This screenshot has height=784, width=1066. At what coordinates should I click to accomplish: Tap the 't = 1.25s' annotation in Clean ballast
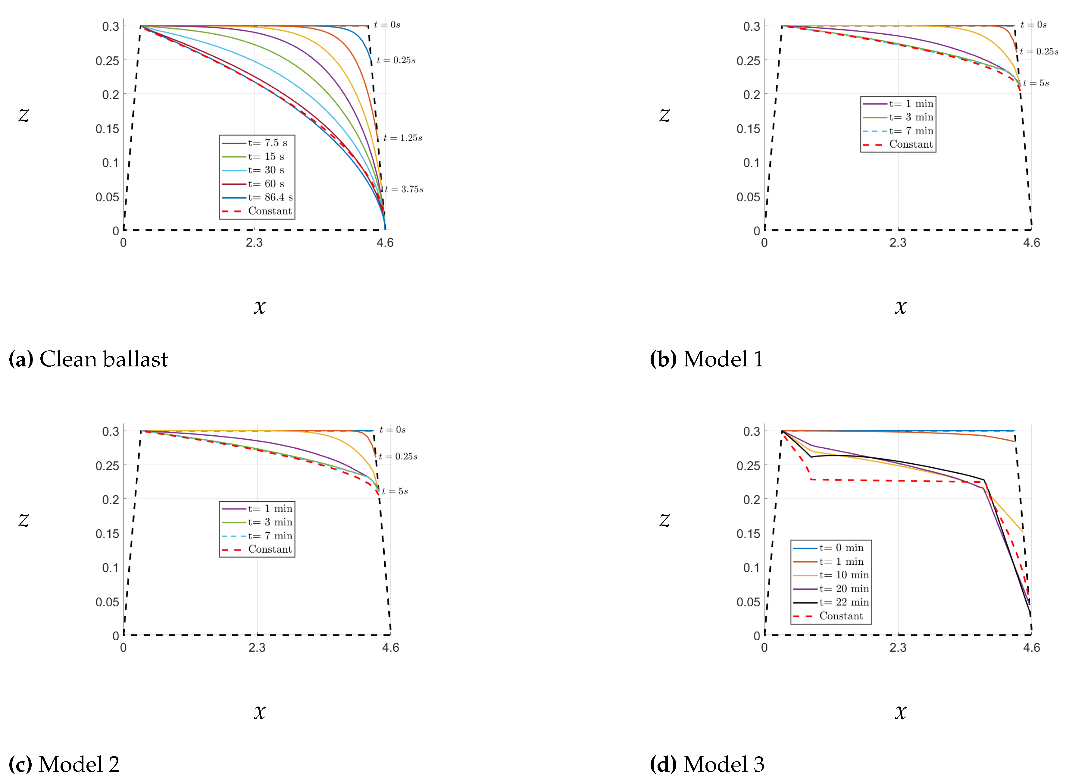[402, 138]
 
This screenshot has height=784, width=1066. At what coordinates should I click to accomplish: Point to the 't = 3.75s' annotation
[404, 189]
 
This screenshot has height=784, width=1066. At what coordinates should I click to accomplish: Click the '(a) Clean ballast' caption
[88, 359]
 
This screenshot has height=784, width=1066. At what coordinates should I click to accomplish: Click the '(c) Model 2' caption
[64, 764]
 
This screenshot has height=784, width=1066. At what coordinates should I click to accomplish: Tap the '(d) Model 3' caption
[707, 764]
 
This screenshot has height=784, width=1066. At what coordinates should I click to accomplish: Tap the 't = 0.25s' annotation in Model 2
[398, 456]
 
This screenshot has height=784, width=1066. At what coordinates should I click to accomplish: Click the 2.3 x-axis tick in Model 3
[898, 648]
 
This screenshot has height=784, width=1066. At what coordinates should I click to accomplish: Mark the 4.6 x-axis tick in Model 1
[1031, 243]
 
